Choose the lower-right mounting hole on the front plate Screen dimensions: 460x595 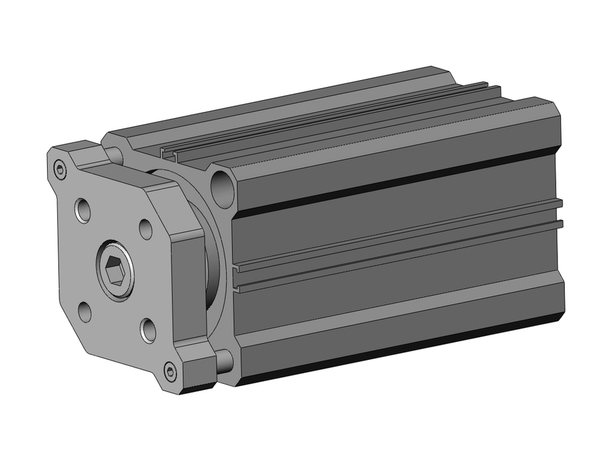(x=148, y=329)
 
